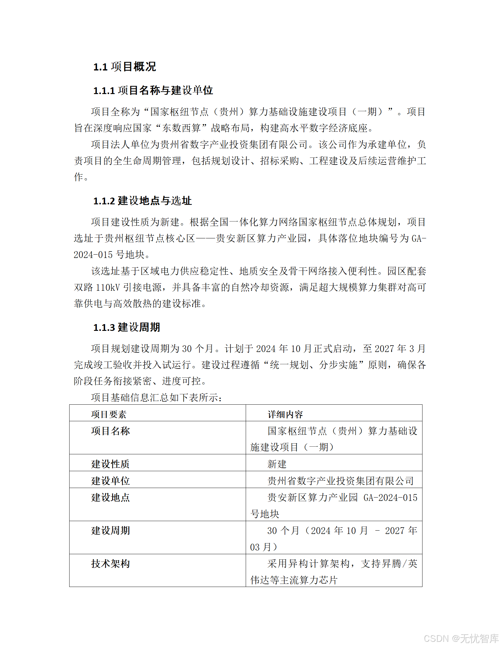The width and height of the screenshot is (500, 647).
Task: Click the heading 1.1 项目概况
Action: [x=124, y=66]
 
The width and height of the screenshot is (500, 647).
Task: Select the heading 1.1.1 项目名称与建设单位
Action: [x=153, y=90]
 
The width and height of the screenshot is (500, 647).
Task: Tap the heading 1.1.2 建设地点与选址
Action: [x=142, y=201]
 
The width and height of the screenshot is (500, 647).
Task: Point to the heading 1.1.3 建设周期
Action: [x=127, y=327]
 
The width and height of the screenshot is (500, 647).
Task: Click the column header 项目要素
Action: [x=109, y=414]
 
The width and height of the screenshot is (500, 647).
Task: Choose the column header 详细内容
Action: [x=285, y=414]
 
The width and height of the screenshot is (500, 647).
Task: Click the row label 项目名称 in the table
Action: [x=110, y=431]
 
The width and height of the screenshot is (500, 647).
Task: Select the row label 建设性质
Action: [x=110, y=464]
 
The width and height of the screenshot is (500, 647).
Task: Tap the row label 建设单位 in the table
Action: [x=110, y=481]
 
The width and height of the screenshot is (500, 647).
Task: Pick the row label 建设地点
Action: [x=110, y=497]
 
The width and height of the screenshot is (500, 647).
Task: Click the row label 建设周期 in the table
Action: [x=110, y=530]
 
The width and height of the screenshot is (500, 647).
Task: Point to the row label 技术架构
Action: [x=110, y=563]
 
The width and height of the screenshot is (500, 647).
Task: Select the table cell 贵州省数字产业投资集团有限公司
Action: [x=340, y=481]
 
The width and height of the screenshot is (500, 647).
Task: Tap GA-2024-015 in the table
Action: [x=390, y=498]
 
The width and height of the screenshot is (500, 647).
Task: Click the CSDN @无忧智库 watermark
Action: [x=461, y=638]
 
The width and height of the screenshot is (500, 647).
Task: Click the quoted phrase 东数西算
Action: [x=181, y=128]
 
